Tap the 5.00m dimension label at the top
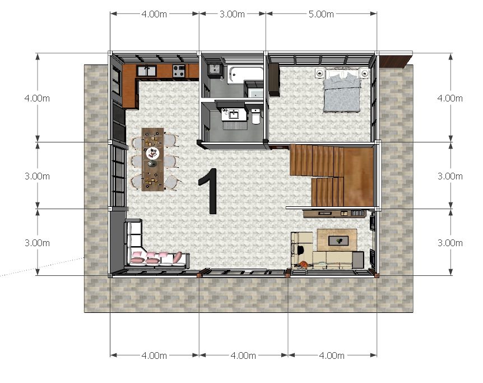coord(321,14)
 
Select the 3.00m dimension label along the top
coord(232,14)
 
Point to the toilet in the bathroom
coord(256,116)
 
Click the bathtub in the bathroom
coord(245,75)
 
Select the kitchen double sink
coord(147,71)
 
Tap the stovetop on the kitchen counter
coord(179,71)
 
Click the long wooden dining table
coord(152,159)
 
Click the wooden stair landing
coord(358,177)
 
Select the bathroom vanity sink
coord(234,115)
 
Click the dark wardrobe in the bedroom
coord(274,80)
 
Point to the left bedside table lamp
coord(320,73)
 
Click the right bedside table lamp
coord(364,73)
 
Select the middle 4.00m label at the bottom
coord(243,356)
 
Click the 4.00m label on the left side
coord(37,98)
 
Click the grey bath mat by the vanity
coord(235,126)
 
